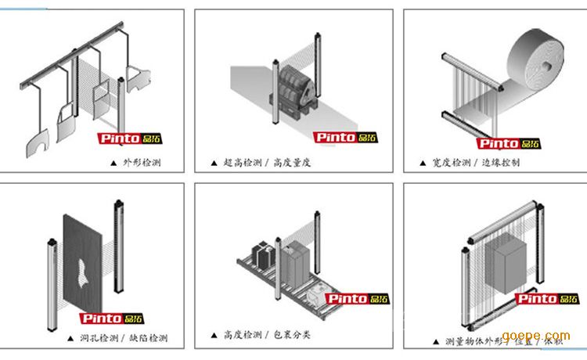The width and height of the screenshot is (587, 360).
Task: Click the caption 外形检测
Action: point(142,164)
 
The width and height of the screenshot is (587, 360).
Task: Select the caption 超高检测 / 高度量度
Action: point(267,163)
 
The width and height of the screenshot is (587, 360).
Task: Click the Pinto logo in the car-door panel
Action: point(128,139)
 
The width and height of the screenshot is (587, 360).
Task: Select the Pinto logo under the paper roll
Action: point(509,143)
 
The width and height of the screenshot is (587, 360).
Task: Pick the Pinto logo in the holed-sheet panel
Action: point(112,319)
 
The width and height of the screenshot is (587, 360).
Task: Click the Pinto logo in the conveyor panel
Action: point(357,298)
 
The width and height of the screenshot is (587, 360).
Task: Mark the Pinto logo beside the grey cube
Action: point(548,298)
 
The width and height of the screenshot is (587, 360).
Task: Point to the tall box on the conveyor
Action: point(297,265)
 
